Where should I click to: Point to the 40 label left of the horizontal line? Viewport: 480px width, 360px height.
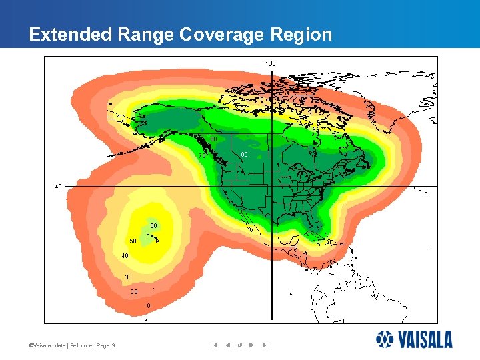coord(58,187)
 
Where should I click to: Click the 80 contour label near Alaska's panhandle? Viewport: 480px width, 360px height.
coord(213,139)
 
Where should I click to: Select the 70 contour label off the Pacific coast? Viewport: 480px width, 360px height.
coord(201,155)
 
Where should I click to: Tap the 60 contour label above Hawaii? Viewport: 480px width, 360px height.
coord(153,225)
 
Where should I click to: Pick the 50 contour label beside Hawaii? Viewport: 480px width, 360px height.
coord(133,241)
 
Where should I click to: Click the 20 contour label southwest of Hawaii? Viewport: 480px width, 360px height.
coord(133,291)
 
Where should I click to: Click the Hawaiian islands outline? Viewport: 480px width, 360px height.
coord(154,237)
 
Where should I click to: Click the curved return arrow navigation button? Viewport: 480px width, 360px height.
coord(239,345)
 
